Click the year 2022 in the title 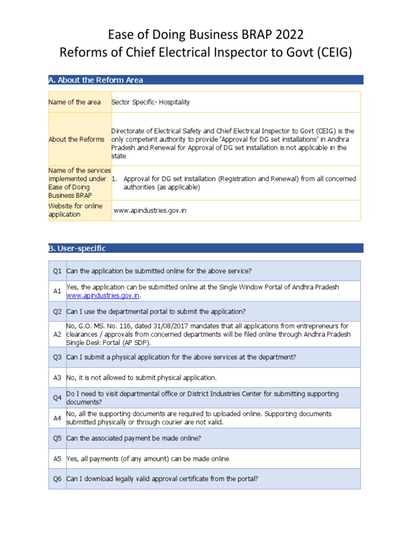287,35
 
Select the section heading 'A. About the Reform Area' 96,80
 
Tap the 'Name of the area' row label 75,102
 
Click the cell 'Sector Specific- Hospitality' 151,102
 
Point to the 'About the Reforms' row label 77,139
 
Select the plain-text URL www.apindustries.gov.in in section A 150,211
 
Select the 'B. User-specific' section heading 77,248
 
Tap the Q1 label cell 57,271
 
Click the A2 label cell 57,334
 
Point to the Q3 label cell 57,357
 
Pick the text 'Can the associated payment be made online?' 134,438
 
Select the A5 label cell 57,459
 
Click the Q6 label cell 57,479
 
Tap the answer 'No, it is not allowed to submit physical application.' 142,378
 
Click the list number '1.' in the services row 115,179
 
